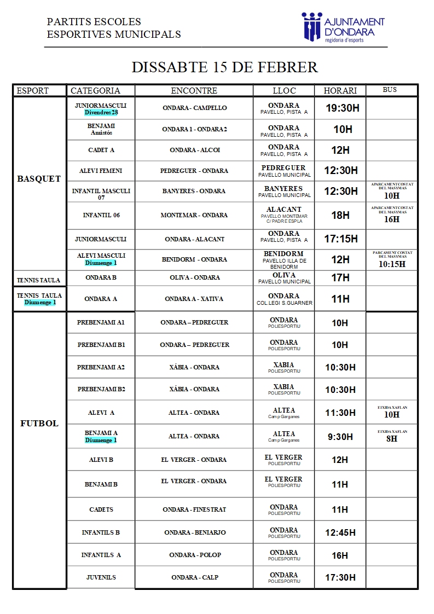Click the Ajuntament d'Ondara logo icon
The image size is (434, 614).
pyautogui.click(x=312, y=26)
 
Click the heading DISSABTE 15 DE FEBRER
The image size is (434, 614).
pyautogui.click(x=224, y=67)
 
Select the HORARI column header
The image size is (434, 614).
pyautogui.click(x=340, y=91)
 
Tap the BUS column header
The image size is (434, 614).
pyautogui.click(x=390, y=90)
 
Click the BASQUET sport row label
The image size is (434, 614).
pyautogui.click(x=39, y=179)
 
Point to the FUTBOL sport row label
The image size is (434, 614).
pyautogui.click(x=39, y=424)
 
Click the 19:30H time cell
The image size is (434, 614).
pyautogui.click(x=342, y=108)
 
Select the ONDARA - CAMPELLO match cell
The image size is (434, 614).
pyautogui.click(x=194, y=108)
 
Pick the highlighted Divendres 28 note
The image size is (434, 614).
pyautogui.click(x=101, y=113)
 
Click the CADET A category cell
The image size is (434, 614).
pyautogui.click(x=101, y=150)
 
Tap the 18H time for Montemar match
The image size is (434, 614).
pyautogui.click(x=340, y=216)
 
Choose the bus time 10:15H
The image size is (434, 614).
pyautogui.click(x=392, y=264)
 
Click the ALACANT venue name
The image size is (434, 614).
pyautogui.click(x=283, y=210)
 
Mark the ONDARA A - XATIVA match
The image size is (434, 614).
pyautogui.click(x=194, y=299)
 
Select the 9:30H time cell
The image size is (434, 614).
pyautogui.click(x=340, y=437)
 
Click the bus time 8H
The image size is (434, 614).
pyautogui.click(x=392, y=439)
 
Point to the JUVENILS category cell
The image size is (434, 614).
pyautogui.click(x=101, y=577)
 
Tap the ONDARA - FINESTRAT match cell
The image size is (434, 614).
pyautogui.click(x=194, y=509)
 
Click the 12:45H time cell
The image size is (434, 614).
pyautogui.click(x=340, y=532)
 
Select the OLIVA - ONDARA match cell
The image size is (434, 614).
pyautogui.click(x=194, y=277)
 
